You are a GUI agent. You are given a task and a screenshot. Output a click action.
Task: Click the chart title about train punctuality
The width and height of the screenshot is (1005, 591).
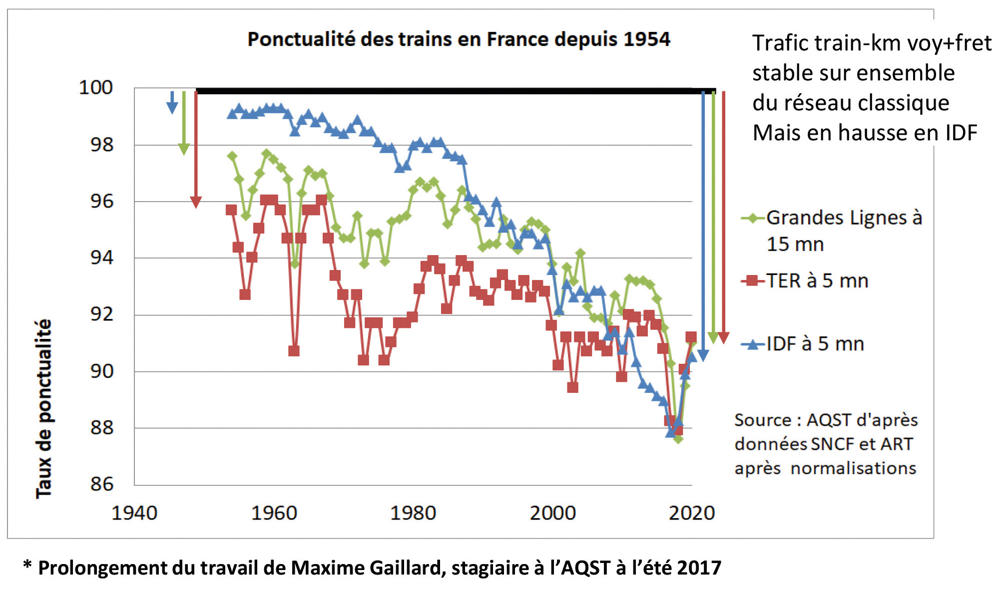pos(459,39)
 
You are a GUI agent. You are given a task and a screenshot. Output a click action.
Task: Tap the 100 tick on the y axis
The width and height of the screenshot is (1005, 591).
pos(96,88)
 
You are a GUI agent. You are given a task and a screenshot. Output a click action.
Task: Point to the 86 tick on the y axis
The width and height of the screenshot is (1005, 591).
pos(102,484)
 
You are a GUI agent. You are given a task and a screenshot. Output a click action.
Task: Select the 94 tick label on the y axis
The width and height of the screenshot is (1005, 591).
pos(102,258)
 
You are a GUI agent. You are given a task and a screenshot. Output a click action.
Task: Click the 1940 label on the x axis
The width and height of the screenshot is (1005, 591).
pos(134,513)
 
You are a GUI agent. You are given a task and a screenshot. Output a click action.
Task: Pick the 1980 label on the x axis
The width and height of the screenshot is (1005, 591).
pos(413,513)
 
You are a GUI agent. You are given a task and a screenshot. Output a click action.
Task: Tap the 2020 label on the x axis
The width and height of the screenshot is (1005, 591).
pos(692,513)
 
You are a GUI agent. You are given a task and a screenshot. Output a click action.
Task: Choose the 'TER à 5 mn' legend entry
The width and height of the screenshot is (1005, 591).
pos(817,281)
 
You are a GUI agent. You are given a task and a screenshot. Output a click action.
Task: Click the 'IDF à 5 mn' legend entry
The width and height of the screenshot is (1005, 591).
pos(815,344)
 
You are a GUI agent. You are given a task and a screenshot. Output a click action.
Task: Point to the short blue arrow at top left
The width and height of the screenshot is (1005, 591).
pos(172,103)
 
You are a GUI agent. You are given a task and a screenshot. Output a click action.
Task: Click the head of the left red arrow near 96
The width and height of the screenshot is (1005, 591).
pos(196,202)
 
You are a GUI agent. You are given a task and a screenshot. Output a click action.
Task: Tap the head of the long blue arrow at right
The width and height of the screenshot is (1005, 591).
pos(703,355)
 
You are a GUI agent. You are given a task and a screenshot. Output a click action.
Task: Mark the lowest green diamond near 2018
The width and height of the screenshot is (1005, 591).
pos(678,439)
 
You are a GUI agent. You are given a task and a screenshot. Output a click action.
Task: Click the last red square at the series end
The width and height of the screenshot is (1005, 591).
pos(691,337)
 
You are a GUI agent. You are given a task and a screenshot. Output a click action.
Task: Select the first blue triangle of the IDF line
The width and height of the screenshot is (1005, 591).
pos(232,114)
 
